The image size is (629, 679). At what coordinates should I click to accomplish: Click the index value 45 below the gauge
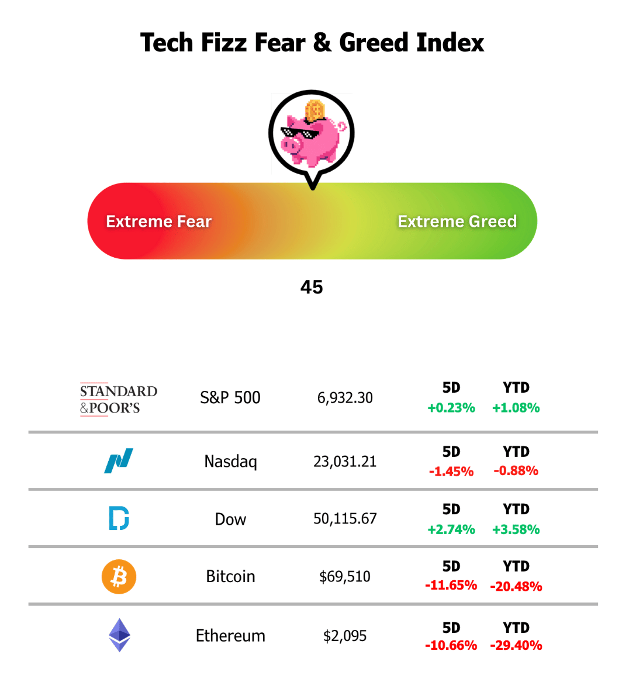click(312, 287)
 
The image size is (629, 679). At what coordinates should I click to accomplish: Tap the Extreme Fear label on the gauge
click(158, 221)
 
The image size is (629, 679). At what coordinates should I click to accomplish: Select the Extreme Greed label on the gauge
click(457, 221)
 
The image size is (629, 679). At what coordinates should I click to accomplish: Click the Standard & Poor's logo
click(119, 399)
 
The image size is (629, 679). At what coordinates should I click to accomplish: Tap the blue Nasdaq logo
click(119, 461)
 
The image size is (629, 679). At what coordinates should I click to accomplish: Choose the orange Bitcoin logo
click(119, 577)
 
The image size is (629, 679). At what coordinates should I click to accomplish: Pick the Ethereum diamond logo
click(119, 635)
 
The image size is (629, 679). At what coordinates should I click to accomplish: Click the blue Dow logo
click(119, 518)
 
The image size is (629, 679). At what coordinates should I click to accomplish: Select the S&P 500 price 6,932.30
click(345, 398)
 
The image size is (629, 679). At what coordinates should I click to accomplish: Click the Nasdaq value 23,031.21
click(345, 462)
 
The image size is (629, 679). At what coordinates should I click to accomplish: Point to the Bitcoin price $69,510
click(345, 577)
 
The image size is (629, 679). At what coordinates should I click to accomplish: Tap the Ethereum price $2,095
click(345, 636)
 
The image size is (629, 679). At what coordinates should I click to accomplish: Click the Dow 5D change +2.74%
click(451, 529)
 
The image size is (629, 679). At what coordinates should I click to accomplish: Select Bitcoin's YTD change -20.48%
click(516, 586)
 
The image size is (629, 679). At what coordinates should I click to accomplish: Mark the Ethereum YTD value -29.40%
click(516, 646)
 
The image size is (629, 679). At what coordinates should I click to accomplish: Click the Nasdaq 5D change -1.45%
click(451, 471)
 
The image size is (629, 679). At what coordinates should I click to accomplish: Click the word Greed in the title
click(374, 43)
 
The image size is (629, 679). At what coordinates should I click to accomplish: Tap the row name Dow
click(230, 519)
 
